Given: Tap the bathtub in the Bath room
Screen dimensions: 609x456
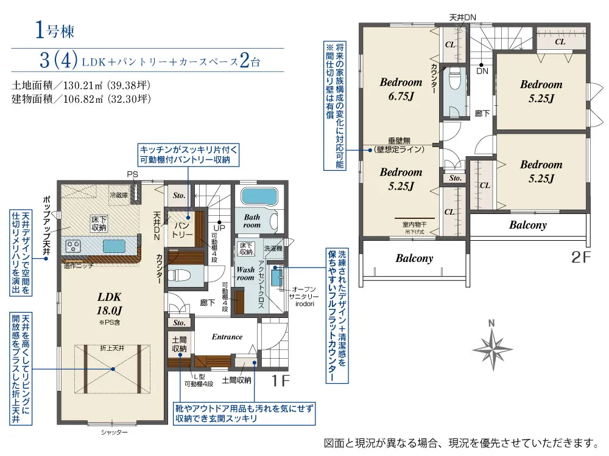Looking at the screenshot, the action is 259,196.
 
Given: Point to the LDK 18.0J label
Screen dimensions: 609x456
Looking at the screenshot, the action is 110,303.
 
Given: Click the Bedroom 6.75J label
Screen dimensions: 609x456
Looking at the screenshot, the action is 401,89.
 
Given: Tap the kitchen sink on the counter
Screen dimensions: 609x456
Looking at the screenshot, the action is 114,246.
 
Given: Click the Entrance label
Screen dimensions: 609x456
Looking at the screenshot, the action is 227,337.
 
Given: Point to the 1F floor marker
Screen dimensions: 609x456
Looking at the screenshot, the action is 280,381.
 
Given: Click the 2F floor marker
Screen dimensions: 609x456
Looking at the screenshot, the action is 580,257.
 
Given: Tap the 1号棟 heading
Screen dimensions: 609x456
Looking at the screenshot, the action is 55,30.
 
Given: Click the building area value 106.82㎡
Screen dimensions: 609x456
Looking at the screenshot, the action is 83,99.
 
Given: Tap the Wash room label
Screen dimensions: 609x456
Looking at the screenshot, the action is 245,274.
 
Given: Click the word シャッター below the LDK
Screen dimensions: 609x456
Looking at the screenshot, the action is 114,432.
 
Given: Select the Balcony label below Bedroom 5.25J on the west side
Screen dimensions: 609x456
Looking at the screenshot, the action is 414,258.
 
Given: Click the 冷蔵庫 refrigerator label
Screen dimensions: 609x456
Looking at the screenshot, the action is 119,195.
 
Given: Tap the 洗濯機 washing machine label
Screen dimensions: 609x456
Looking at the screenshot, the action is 273,248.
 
